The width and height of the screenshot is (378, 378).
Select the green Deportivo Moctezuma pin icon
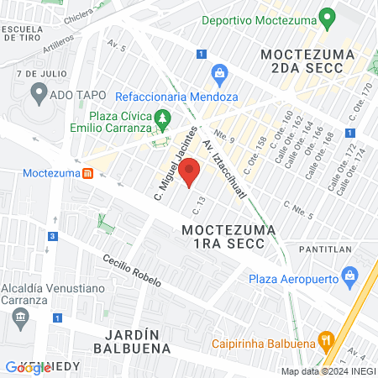click(x=328, y=18)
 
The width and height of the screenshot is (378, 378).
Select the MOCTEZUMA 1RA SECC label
click(x=223, y=235)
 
